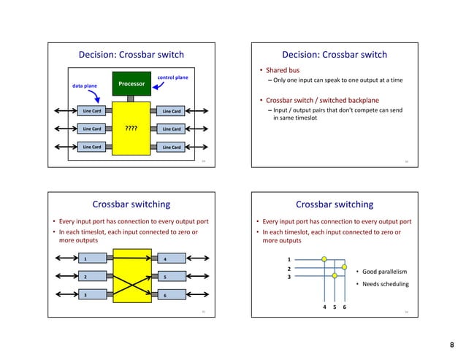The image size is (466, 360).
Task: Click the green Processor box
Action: point(129,85)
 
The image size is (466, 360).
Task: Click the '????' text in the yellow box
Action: point(131,129)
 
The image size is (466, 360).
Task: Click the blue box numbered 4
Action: point(172,258)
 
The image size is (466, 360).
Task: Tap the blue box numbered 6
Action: point(172,294)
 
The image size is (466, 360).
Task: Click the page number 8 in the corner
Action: point(453,344)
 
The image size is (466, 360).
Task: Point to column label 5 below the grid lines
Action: point(335,307)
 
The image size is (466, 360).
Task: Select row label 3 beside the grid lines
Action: point(289,277)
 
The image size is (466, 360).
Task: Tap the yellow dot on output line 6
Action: point(344,267)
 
